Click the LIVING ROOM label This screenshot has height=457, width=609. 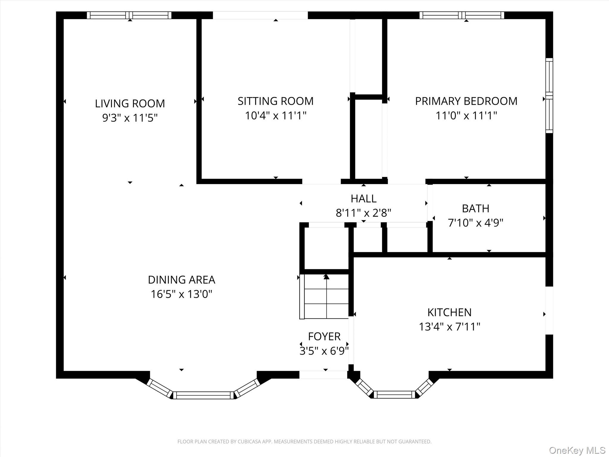point(130,104)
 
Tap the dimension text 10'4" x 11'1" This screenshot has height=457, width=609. point(275,115)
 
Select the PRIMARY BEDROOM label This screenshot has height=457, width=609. point(466,101)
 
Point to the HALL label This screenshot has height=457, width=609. point(363,198)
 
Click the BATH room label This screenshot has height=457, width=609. point(475,209)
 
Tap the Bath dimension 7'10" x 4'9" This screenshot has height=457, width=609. point(475,223)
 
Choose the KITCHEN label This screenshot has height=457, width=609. point(449,312)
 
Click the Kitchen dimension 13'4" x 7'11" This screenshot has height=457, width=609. point(449,327)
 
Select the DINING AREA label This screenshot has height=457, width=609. point(181,280)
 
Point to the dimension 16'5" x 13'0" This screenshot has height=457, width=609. point(181,294)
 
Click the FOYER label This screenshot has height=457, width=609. point(324,337)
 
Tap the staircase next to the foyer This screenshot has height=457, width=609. point(326,297)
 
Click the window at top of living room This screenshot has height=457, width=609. point(129,15)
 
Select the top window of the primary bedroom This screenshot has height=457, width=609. point(462,15)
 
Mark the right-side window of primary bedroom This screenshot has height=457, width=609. point(549,96)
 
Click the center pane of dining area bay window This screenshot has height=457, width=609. point(203,395)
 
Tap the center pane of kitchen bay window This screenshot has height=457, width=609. point(394,395)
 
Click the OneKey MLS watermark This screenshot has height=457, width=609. point(577,450)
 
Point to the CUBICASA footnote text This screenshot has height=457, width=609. point(304,442)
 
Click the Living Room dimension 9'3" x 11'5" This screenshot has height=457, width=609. point(130,118)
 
